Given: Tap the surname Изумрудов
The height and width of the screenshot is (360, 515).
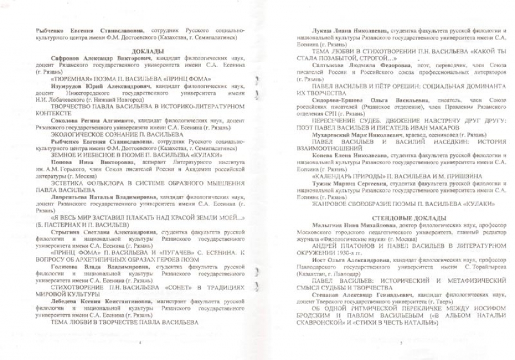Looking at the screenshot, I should (x=65, y=84).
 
